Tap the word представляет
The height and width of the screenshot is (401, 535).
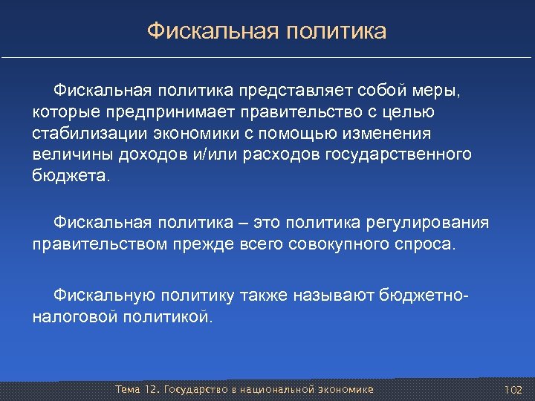(x=296, y=91)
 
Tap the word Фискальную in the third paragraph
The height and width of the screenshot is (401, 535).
(x=103, y=296)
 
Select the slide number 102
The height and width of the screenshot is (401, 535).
(x=513, y=390)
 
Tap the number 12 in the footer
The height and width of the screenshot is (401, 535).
(x=150, y=390)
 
